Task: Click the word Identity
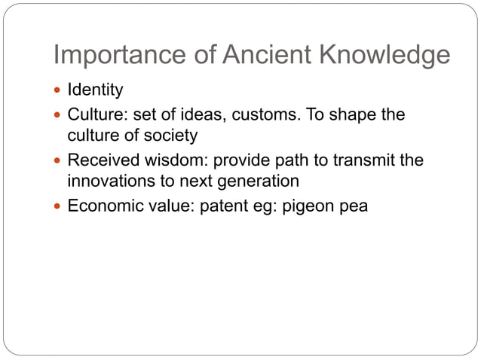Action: tap(95, 91)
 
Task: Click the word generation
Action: tap(259, 182)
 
